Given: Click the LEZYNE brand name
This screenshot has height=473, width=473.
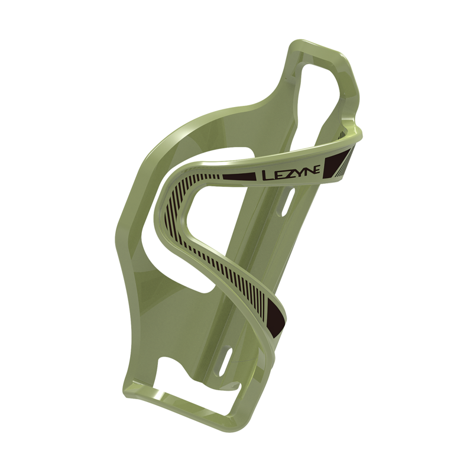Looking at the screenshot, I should pos(291,173).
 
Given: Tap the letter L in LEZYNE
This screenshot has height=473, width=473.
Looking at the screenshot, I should pos(267,176).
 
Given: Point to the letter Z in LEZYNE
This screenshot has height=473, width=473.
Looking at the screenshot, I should pos(288,173).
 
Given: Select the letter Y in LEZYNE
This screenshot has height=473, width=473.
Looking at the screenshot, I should pos(298,172).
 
